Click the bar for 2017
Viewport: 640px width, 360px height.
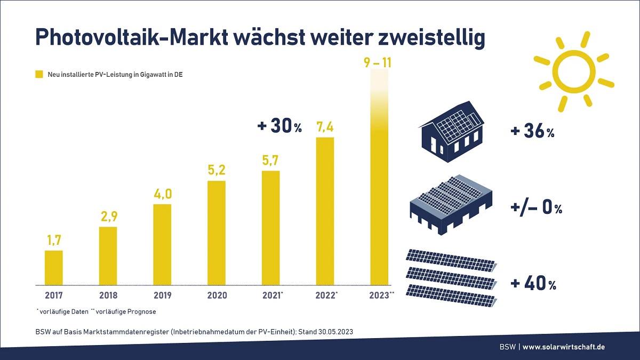(53, 268)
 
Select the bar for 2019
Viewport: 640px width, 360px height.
(162, 244)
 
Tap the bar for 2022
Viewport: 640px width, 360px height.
(325, 211)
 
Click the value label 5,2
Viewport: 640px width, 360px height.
(217, 171)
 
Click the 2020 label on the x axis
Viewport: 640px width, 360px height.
(217, 295)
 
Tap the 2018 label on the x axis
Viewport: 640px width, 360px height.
(108, 295)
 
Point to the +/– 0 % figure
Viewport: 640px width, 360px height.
(535, 208)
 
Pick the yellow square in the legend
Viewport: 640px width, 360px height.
(39, 75)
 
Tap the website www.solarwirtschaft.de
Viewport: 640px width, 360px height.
(563, 347)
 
